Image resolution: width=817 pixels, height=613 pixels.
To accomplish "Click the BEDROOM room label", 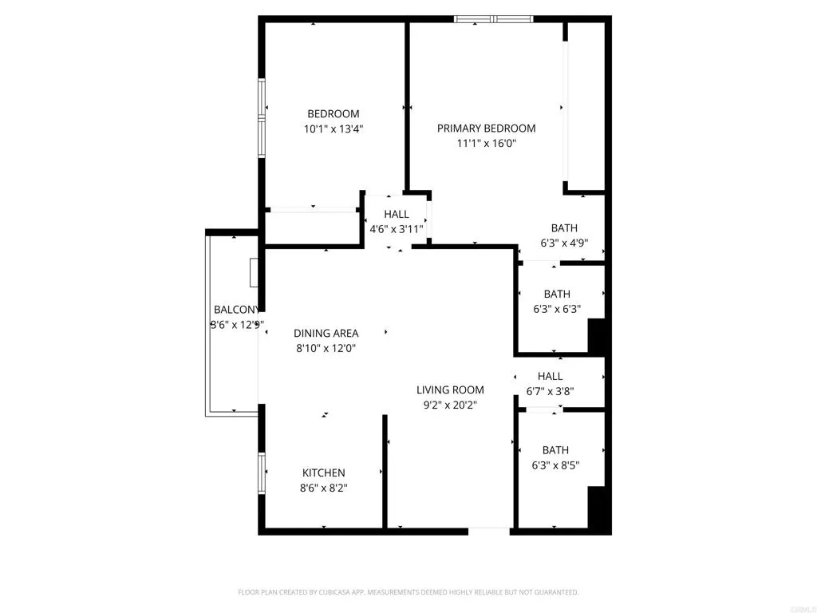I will (334, 114).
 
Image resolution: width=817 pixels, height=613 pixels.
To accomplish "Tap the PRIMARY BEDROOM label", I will (486, 129).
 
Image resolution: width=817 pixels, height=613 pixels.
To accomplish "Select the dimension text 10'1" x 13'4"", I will (334, 129).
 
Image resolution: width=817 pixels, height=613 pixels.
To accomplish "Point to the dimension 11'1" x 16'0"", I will (486, 144).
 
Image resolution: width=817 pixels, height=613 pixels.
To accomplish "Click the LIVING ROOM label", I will (450, 390).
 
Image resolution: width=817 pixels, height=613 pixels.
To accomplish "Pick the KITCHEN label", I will (323, 473).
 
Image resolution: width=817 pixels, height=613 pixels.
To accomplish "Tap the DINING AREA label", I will (326, 334).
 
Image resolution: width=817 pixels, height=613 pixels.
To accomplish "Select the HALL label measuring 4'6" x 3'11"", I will (397, 215).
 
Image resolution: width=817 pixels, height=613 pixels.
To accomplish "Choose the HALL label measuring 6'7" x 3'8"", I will (550, 377).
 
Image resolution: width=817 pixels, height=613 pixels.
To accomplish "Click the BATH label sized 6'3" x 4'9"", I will (564, 229).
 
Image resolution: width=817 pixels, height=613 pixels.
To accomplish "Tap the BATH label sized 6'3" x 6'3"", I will (557, 295).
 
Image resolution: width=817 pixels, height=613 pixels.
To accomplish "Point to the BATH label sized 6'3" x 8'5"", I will (555, 450).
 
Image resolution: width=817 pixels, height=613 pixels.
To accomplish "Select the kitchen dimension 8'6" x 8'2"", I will (323, 488).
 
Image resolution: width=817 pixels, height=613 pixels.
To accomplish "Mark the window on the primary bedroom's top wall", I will (493, 18).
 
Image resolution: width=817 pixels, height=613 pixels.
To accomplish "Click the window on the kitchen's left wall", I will (261, 473).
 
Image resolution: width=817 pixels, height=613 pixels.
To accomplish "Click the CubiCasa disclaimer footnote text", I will (408, 592).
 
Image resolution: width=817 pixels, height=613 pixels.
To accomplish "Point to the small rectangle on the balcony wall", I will (254, 272).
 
